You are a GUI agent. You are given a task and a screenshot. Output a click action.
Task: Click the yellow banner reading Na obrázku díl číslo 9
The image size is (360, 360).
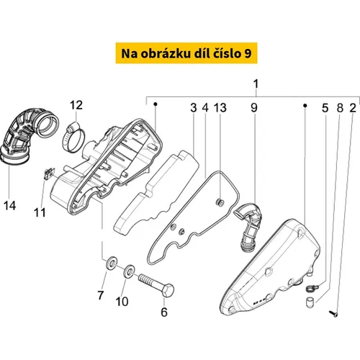(186, 53)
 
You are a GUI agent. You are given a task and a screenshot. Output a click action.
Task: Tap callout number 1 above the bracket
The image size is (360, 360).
(256, 84)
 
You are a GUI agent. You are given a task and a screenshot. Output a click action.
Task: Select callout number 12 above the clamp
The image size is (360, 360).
(76, 105)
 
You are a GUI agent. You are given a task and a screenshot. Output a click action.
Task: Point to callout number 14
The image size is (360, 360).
(10, 206)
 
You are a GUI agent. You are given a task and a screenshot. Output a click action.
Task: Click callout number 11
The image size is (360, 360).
(40, 212)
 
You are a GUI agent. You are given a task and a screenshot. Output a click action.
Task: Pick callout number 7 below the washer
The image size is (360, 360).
(100, 295)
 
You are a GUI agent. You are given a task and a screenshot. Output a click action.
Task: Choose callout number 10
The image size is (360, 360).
(122, 302)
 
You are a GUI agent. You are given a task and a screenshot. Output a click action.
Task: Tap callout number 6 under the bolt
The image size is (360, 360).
(164, 312)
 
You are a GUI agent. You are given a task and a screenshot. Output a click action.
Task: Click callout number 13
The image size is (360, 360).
(220, 108)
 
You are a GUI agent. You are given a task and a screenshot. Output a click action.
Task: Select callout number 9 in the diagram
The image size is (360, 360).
(254, 108)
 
